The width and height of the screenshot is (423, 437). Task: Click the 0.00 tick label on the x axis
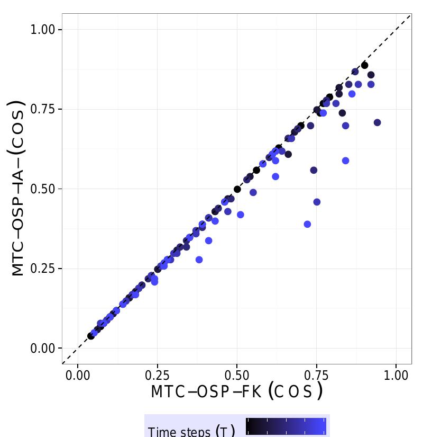click(x=78, y=375)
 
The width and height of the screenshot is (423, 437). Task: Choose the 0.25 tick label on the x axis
click(x=158, y=375)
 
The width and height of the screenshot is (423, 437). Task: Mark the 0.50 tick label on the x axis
click(x=237, y=375)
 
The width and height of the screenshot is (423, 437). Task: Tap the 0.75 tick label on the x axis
click(x=317, y=375)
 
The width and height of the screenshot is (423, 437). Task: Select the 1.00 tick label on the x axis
click(x=396, y=375)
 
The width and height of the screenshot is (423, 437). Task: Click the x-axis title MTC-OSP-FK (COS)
click(x=236, y=392)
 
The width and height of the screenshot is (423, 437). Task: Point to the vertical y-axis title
click(x=19, y=189)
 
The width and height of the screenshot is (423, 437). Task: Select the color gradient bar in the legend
click(x=286, y=426)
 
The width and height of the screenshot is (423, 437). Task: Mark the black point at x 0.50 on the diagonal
click(x=237, y=189)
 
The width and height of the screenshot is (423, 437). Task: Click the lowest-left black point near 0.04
click(x=91, y=336)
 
